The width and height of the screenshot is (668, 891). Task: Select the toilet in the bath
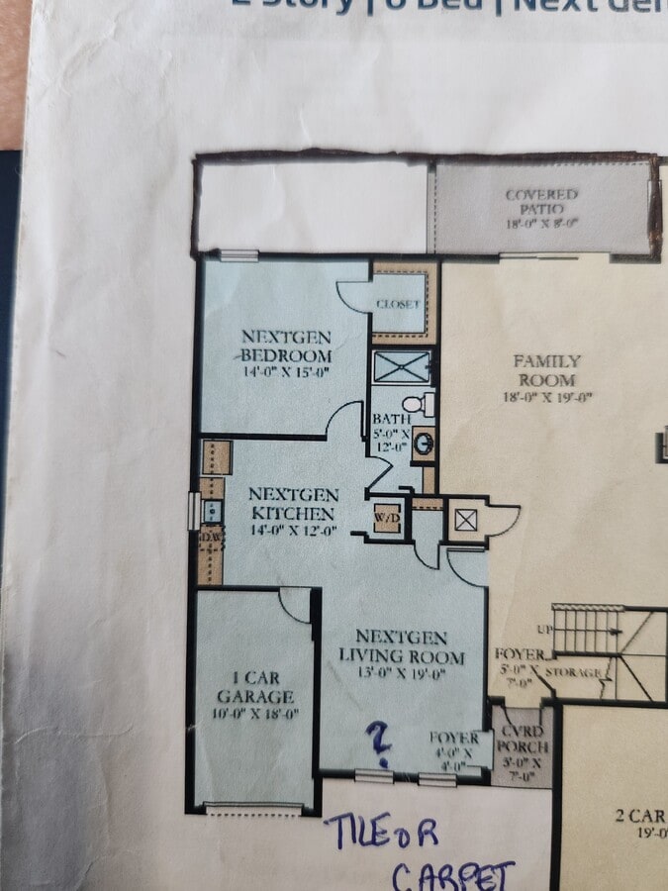coord(427,404)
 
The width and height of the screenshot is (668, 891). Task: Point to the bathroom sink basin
coord(424,443)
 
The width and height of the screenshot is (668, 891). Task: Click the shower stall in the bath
coord(402,366)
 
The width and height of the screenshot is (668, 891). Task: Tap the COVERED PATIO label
coord(541,201)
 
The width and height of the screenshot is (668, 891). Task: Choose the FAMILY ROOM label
coord(546,370)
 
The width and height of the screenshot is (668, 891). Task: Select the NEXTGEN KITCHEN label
coord(292,504)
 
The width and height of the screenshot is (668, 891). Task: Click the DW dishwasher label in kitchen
coord(210,538)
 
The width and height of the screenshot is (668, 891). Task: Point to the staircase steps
coord(589,630)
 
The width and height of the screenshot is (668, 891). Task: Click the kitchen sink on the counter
coord(211,511)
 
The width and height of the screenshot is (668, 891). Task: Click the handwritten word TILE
coord(356,831)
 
